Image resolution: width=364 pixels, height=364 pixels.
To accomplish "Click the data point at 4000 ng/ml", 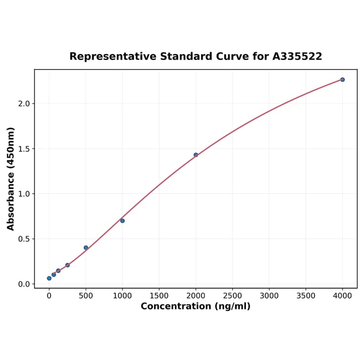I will [342, 80].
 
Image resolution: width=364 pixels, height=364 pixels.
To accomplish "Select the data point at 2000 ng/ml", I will [195, 155].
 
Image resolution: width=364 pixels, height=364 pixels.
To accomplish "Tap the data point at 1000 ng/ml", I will [122, 221].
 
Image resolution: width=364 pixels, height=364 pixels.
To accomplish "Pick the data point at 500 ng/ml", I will [86, 248].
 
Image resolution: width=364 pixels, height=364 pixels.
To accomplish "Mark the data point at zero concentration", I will [49, 278].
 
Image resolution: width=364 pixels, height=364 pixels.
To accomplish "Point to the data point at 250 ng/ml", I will [67, 265].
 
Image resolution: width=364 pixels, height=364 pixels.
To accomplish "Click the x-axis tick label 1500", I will [159, 296].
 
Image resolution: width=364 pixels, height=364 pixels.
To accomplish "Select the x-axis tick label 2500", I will [232, 296].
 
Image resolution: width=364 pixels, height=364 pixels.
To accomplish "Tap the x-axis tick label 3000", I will [269, 296].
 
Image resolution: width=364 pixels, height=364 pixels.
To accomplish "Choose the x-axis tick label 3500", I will [305, 296].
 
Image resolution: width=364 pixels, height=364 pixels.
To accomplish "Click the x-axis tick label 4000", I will [342, 296].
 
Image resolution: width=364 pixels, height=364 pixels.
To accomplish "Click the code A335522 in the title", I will [297, 57].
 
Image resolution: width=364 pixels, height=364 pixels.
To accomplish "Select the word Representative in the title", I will [112, 57].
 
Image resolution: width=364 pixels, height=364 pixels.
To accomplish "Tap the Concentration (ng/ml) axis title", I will [195, 306].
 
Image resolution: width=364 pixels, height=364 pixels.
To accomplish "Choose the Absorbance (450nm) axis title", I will [11, 179].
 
